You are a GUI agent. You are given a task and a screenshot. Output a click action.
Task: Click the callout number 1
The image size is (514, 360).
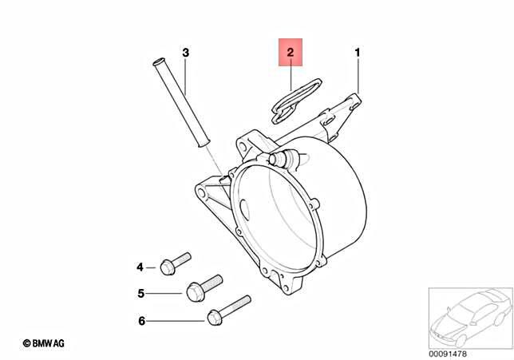[358, 53]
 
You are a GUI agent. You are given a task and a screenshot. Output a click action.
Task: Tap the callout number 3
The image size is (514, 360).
[185, 53]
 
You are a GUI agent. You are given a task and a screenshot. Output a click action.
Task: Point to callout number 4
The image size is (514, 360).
[139, 267]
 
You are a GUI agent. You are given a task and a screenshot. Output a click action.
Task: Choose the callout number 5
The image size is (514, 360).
[140, 293]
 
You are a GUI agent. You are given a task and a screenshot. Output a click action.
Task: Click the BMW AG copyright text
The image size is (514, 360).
[43, 342]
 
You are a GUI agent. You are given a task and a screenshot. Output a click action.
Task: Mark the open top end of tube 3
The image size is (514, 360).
[156, 61]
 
